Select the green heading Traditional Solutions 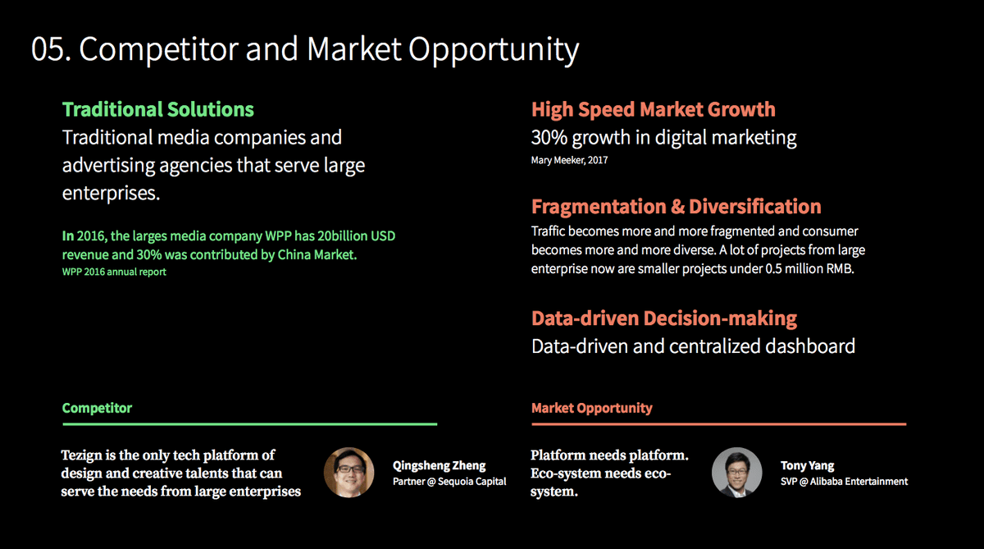coord(158,109)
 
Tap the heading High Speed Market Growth coord(654,110)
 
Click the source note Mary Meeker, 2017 coord(569,160)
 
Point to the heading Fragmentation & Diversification coord(676,207)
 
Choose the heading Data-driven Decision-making coord(663,318)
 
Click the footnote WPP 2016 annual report coord(114,272)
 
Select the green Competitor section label coord(97,408)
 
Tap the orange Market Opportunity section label coord(592,408)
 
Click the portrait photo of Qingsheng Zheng coord(348,473)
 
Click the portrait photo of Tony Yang coord(736,473)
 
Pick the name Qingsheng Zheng coord(439,465)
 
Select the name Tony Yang coord(808,465)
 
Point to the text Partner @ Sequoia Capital coord(449,482)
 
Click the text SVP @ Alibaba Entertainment coord(844,482)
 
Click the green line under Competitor coord(250,424)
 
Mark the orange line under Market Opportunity coord(718,424)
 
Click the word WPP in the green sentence coord(278,236)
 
